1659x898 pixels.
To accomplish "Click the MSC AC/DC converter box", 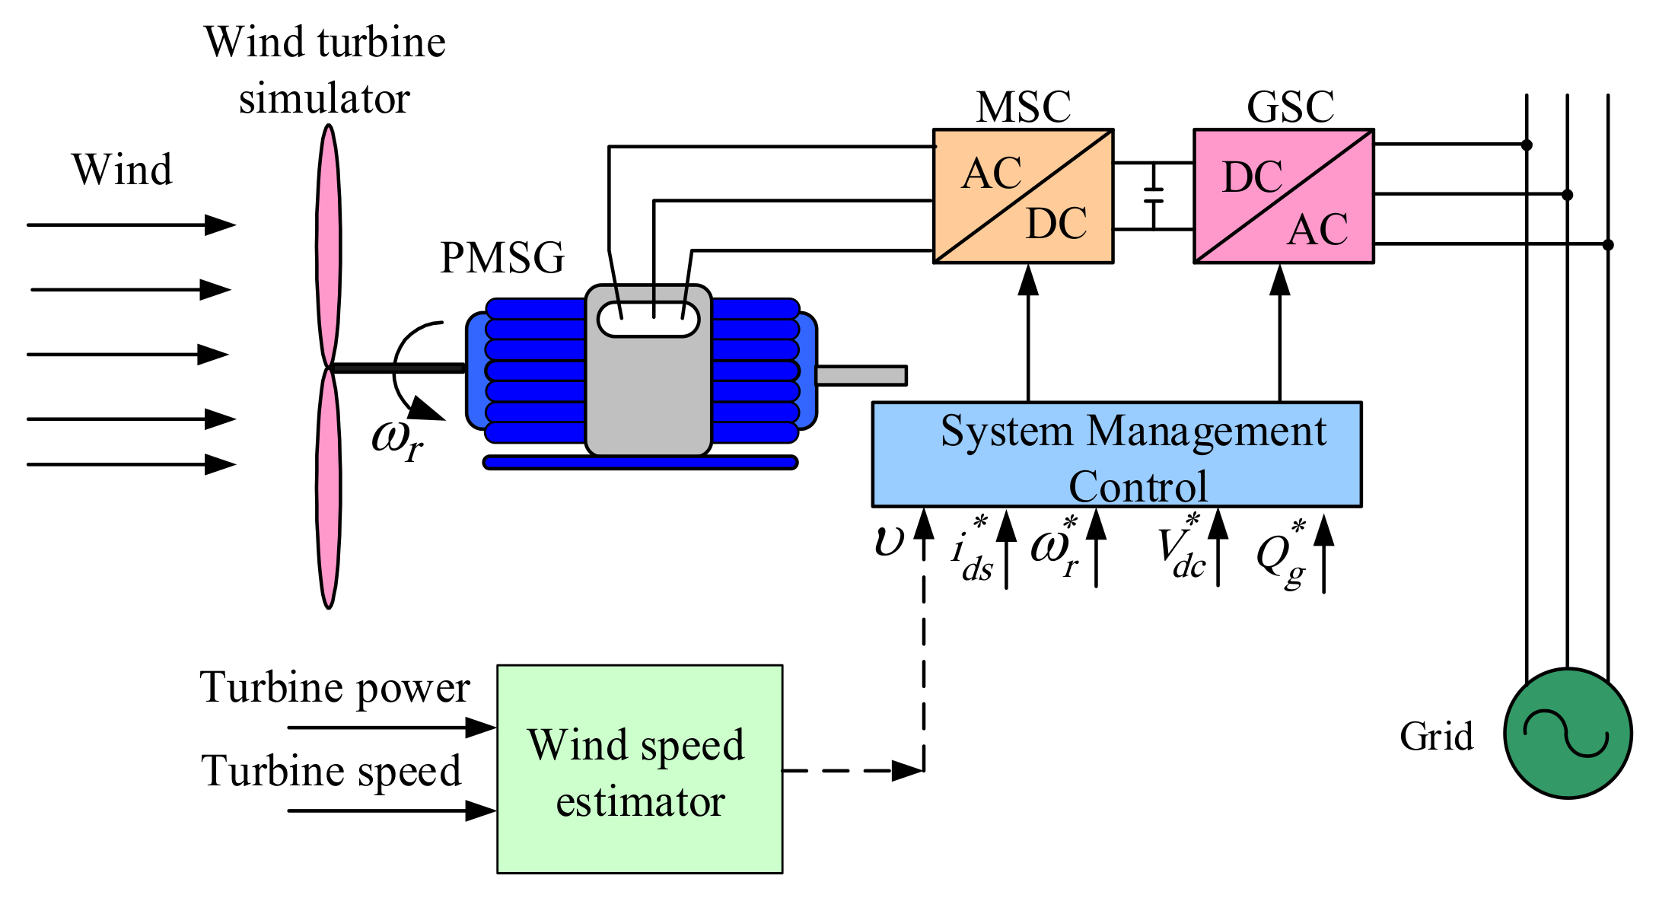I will point(1023,196).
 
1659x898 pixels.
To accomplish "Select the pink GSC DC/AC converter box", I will point(1283,196).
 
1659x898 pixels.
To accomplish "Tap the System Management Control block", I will point(1116,454).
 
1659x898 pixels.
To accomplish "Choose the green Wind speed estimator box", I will point(639,769).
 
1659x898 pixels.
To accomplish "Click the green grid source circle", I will point(1568,733).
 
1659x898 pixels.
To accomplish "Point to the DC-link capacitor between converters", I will point(1154,196).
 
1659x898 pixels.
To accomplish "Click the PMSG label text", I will point(502,258).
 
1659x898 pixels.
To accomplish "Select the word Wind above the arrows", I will point(122,169).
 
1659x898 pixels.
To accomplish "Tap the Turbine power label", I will point(335,688).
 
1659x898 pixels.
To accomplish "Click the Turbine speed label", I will point(331,771).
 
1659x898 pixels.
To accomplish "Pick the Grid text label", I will point(1436,737).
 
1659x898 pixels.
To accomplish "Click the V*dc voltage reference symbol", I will point(1181,549).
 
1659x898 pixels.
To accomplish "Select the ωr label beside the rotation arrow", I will point(396,440).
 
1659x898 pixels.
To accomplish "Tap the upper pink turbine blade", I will point(328,244).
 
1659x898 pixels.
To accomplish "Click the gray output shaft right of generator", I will point(861,375).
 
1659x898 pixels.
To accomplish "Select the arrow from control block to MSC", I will point(1028,335).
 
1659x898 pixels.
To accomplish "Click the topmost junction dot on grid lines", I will point(1527,145).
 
